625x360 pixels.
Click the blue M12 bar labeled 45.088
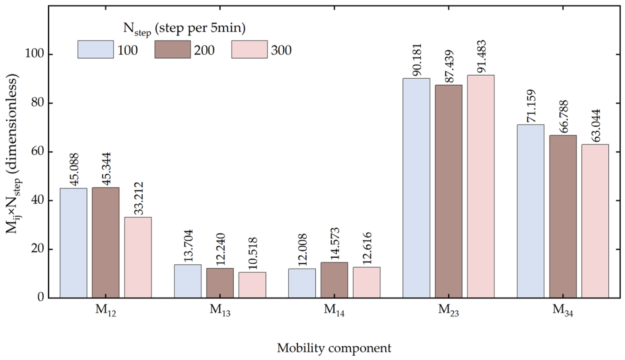point(73,243)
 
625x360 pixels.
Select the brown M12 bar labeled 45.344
point(106,242)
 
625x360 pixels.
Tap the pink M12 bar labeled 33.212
point(138,257)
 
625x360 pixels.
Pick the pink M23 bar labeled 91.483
point(481,186)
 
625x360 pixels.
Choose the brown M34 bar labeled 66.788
point(563,216)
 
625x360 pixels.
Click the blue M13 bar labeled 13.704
point(188,281)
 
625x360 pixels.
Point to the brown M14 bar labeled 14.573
point(334,280)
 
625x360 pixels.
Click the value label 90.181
point(417,60)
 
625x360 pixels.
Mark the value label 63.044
point(595,125)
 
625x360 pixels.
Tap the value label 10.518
point(252,253)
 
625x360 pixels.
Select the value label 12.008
point(302,250)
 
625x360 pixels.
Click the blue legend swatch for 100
point(96,49)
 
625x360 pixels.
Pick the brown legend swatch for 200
point(173,49)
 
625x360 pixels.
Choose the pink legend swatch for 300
point(250,49)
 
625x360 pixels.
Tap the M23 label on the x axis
point(449,310)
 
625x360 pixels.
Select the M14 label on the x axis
point(334,310)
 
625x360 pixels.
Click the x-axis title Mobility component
point(334,348)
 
